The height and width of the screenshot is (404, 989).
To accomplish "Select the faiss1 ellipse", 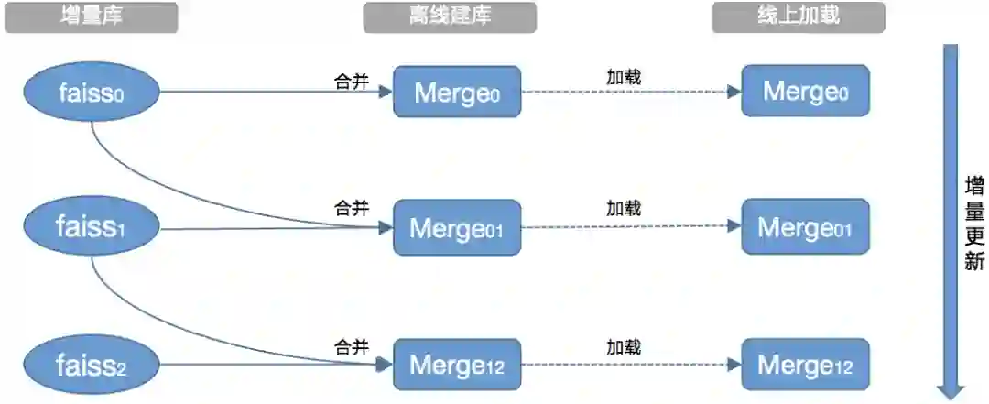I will click(x=92, y=227).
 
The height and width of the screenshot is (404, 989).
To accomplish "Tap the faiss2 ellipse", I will click(x=92, y=366).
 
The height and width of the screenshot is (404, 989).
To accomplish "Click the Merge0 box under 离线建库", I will click(x=457, y=92).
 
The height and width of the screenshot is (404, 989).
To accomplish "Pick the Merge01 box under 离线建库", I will click(x=457, y=227).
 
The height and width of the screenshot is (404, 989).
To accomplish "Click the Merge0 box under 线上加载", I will click(x=805, y=91).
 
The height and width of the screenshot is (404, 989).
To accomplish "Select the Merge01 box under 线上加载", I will click(x=805, y=227).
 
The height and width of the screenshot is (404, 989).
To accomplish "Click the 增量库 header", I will click(x=92, y=16).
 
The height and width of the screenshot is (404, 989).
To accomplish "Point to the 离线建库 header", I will click(x=450, y=16).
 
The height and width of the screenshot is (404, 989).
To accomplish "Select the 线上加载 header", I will click(x=799, y=16).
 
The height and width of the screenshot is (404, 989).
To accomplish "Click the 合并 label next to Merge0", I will click(x=352, y=82).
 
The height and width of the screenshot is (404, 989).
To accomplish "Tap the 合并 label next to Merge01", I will click(x=352, y=209).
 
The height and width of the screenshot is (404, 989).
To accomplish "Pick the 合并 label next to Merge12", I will click(x=352, y=347).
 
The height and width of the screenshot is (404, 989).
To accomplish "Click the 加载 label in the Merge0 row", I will click(x=624, y=77).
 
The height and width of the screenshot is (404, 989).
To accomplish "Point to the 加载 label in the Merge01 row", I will click(x=624, y=209).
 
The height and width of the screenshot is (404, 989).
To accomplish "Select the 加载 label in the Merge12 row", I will click(x=624, y=347).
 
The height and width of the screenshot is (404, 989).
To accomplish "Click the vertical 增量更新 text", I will click(x=974, y=224).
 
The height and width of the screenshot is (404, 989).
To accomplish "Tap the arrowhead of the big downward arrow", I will click(x=951, y=388).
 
